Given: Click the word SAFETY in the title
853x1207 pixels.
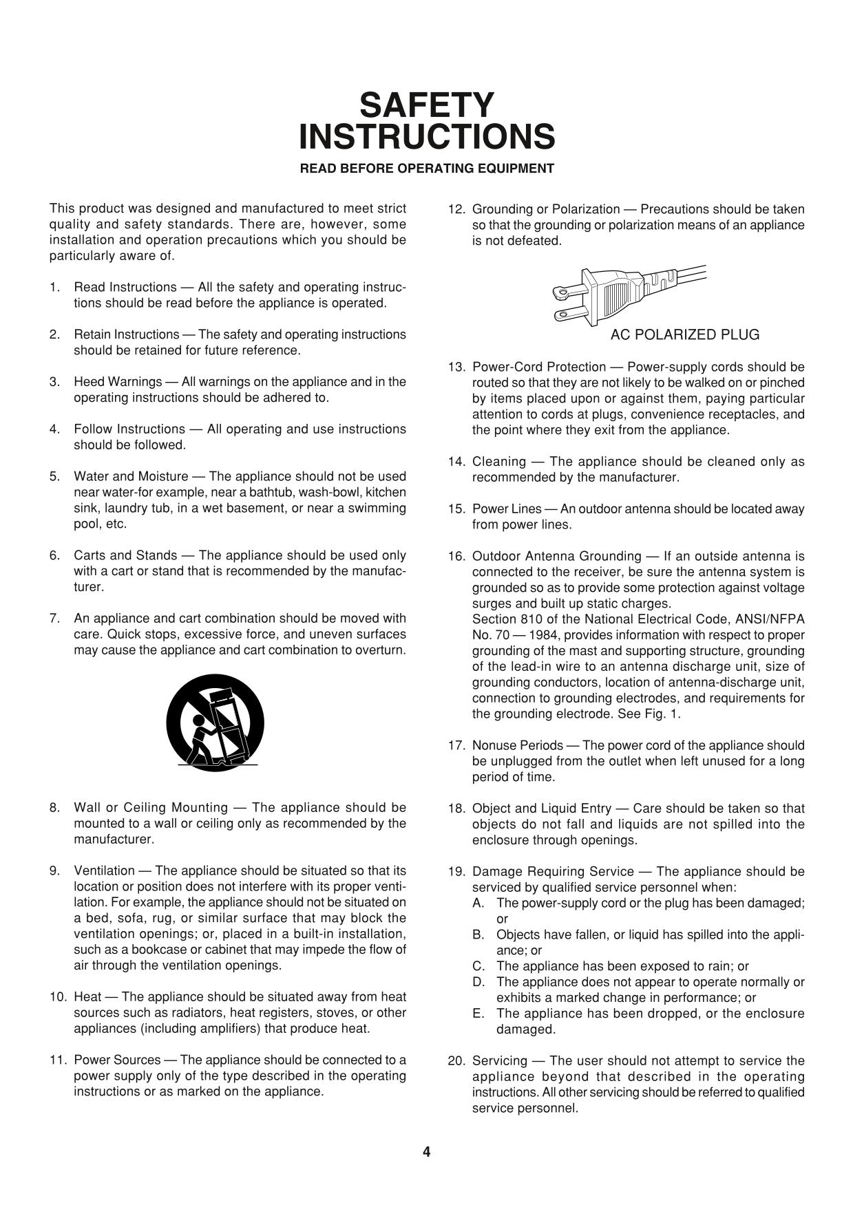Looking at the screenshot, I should [x=426, y=106].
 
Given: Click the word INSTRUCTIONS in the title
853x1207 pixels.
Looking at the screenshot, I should [x=426, y=137].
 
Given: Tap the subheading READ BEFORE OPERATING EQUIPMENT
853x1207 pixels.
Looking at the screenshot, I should [x=426, y=169].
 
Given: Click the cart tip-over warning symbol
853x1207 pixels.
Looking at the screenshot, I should [x=215, y=723].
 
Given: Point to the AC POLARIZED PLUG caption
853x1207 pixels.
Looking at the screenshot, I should [x=684, y=335].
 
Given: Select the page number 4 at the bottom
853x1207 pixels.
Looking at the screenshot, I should [x=426, y=1152].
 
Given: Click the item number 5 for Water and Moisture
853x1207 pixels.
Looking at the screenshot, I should [x=54, y=477].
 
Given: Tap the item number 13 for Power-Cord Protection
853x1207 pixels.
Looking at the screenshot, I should [x=455, y=367].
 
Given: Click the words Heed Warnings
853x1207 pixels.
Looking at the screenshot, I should [x=118, y=382].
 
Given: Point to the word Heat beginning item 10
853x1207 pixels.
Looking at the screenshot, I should [x=87, y=997].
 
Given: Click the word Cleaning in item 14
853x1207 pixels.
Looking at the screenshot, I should [x=498, y=462].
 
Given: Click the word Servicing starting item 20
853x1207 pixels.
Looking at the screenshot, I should [x=500, y=1061].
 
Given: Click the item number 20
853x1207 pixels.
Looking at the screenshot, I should [x=455, y=1061].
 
